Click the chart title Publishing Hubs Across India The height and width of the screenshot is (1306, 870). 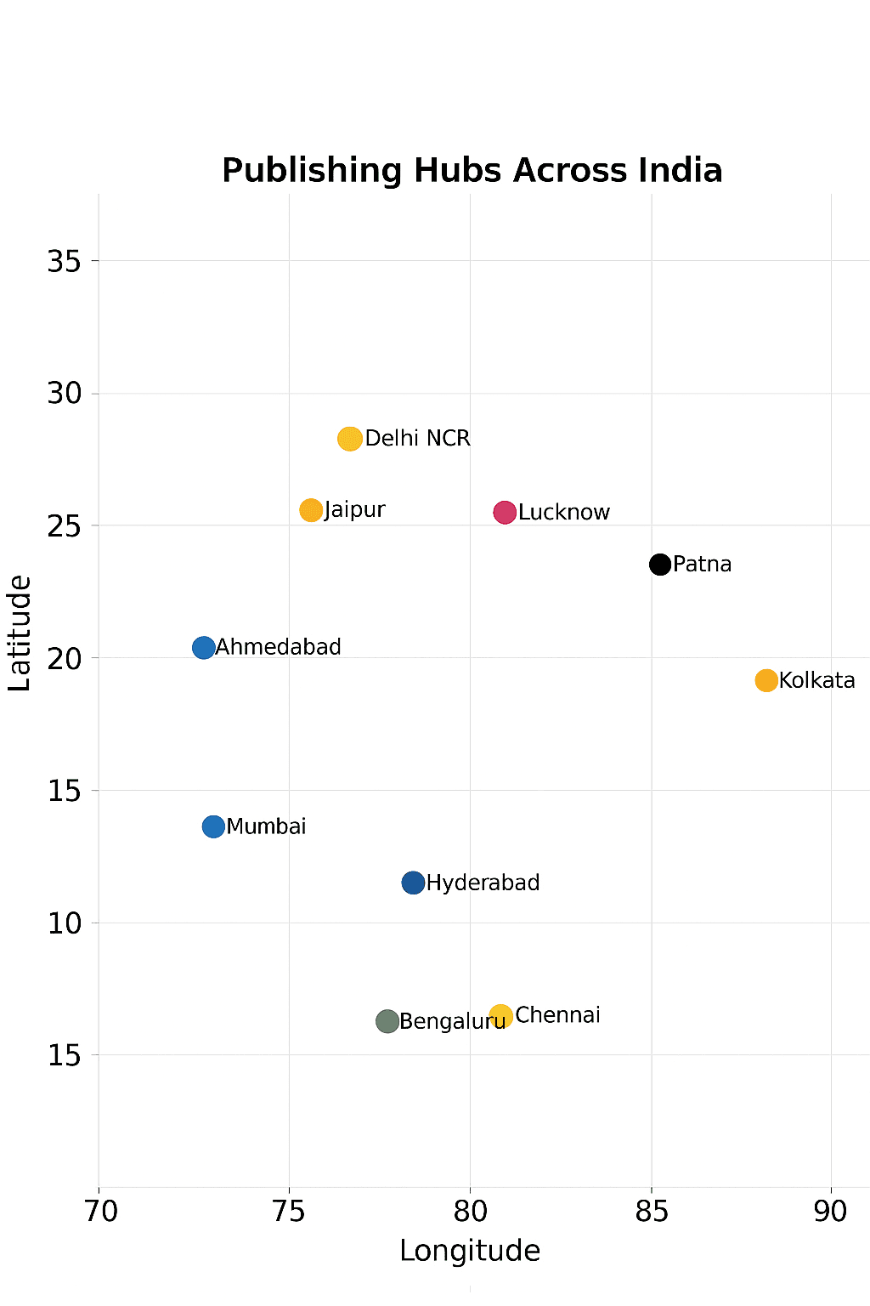pyautogui.click(x=472, y=170)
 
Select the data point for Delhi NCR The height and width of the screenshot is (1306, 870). pyautogui.click(x=350, y=439)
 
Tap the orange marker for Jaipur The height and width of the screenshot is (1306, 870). pyautogui.click(x=311, y=510)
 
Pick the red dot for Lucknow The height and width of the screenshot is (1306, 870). pyautogui.click(x=505, y=513)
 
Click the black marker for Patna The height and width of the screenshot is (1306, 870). pyautogui.click(x=660, y=564)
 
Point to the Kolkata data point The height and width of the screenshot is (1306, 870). pyautogui.click(x=766, y=680)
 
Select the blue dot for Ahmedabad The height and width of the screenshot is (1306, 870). pyautogui.click(x=204, y=648)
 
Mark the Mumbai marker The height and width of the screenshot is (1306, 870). pyautogui.click(x=213, y=826)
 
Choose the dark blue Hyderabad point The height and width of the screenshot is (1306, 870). pyautogui.click(x=413, y=883)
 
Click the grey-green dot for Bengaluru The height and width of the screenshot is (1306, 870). pyautogui.click(x=387, y=1021)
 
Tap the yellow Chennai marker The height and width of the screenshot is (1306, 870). pyautogui.click(x=501, y=1016)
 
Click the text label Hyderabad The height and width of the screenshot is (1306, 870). pyautogui.click(x=483, y=883)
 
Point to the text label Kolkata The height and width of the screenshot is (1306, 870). pyautogui.click(x=816, y=680)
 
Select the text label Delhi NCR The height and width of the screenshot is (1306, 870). pyautogui.click(x=417, y=438)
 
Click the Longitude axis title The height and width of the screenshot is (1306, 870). pyautogui.click(x=470, y=1251)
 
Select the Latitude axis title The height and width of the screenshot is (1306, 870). pyautogui.click(x=20, y=633)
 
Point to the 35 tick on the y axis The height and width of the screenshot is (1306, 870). pyautogui.click(x=65, y=261)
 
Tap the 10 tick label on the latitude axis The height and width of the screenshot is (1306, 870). pyautogui.click(x=65, y=923)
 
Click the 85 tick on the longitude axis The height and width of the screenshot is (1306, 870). pyautogui.click(x=652, y=1211)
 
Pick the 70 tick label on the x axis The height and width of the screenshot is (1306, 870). pyautogui.click(x=101, y=1211)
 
